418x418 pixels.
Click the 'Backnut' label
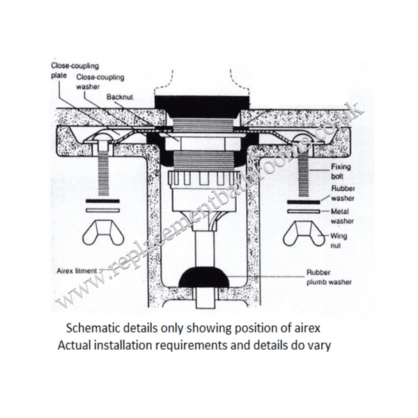[120, 97]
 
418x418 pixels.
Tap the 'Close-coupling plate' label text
[75, 70]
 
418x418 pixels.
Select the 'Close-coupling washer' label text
[100, 82]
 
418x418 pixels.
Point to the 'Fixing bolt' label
[341, 171]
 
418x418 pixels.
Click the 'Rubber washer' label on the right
[343, 193]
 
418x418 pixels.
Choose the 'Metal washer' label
[342, 216]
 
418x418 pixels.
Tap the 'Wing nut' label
[339, 240]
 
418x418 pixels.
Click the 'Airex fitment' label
[77, 271]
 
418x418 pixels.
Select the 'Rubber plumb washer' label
[329, 277]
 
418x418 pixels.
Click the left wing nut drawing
[103, 233]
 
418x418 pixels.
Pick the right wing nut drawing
[303, 233]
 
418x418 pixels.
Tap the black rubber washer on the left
[102, 201]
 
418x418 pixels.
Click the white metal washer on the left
[102, 210]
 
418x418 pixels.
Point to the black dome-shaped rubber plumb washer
[204, 276]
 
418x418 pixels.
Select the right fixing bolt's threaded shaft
[303, 176]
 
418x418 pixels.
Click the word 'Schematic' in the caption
[90, 328]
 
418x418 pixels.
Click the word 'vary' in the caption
[321, 346]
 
